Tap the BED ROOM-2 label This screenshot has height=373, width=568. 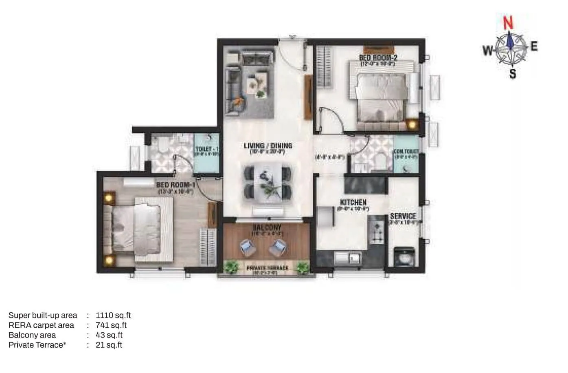tap(379, 58)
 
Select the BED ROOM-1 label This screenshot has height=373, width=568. tap(175, 185)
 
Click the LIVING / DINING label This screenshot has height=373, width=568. tap(268, 146)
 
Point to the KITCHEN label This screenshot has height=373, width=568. tap(353, 202)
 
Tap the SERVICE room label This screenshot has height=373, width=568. tap(403, 216)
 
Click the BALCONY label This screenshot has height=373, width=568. tap(267, 227)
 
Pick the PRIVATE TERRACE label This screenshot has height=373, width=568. tap(267, 268)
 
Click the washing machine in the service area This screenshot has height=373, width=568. tap(404, 256)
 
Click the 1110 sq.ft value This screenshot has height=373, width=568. tap(113, 315)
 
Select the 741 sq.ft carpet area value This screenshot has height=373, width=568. tap(111, 325)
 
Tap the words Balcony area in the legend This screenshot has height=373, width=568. tap(32, 335)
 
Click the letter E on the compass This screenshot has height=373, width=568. tap(534, 46)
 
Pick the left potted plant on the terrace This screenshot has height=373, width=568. tap(231, 267)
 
